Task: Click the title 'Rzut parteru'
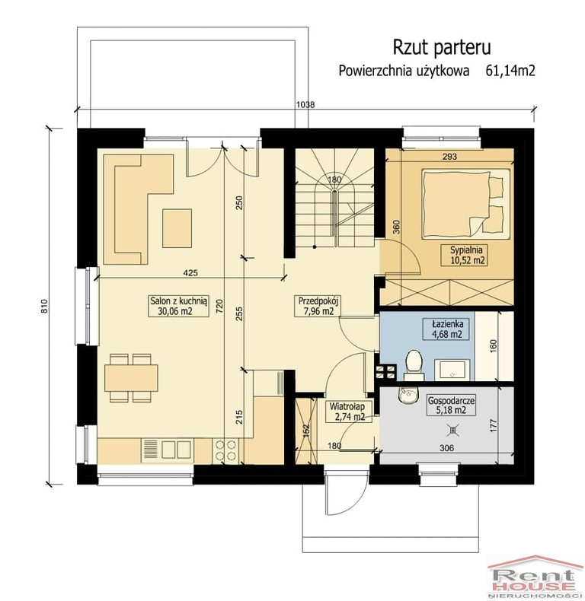pyautogui.click(x=442, y=47)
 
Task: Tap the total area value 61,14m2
pyautogui.click(x=510, y=71)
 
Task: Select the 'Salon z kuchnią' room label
pyautogui.click(x=178, y=306)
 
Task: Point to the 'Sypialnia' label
pyautogui.click(x=466, y=256)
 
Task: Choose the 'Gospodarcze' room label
pyautogui.click(x=452, y=405)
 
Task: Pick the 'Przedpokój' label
pyautogui.click(x=318, y=306)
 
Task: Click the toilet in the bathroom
pyautogui.click(x=414, y=365)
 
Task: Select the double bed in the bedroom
pyautogui.click(x=466, y=202)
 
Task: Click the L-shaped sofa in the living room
pyautogui.click(x=139, y=209)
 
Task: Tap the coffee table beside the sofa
pyautogui.click(x=177, y=228)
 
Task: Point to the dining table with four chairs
pyautogui.click(x=130, y=377)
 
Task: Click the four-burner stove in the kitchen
pyautogui.click(x=225, y=450)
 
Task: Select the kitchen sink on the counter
pyautogui.click(x=168, y=450)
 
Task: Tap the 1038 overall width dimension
pyautogui.click(x=305, y=104)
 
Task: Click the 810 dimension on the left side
pyautogui.click(x=45, y=306)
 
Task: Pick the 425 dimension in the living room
pyautogui.click(x=190, y=272)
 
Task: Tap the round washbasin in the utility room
pyautogui.click(x=408, y=396)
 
